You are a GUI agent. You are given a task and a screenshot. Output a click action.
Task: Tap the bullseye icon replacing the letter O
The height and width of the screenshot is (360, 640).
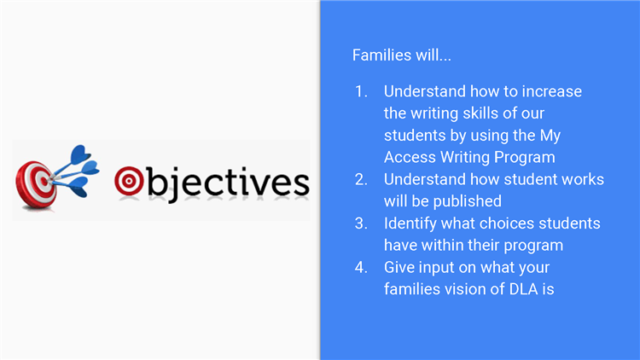click(x=129, y=181)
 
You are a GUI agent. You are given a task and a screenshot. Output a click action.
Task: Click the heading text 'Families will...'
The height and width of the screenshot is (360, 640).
click(x=402, y=55)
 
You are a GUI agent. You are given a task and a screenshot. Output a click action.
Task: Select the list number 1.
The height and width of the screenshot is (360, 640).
click(x=361, y=91)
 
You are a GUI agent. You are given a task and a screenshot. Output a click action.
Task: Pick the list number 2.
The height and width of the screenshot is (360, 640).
click(x=361, y=180)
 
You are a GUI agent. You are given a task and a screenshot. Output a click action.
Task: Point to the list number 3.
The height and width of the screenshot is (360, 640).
click(x=361, y=224)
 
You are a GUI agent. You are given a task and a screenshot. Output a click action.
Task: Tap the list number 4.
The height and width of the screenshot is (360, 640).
click(x=361, y=268)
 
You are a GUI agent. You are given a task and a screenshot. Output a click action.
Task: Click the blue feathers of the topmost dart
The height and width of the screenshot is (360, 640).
click(x=80, y=154)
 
